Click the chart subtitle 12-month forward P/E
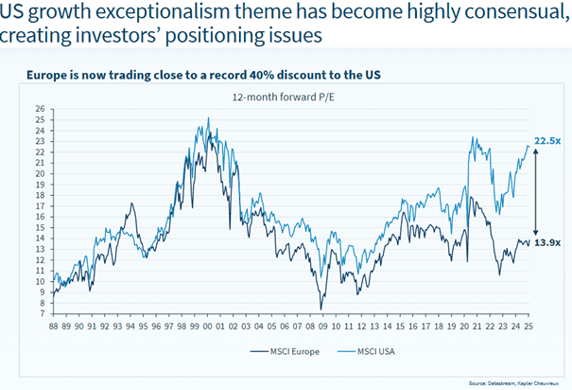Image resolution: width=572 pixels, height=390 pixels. click(x=283, y=97)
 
